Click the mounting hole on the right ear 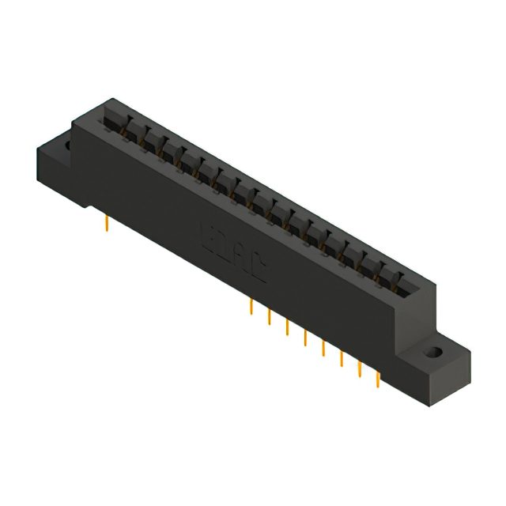(432, 352)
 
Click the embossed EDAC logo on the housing (232, 252)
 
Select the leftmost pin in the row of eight (251, 308)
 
